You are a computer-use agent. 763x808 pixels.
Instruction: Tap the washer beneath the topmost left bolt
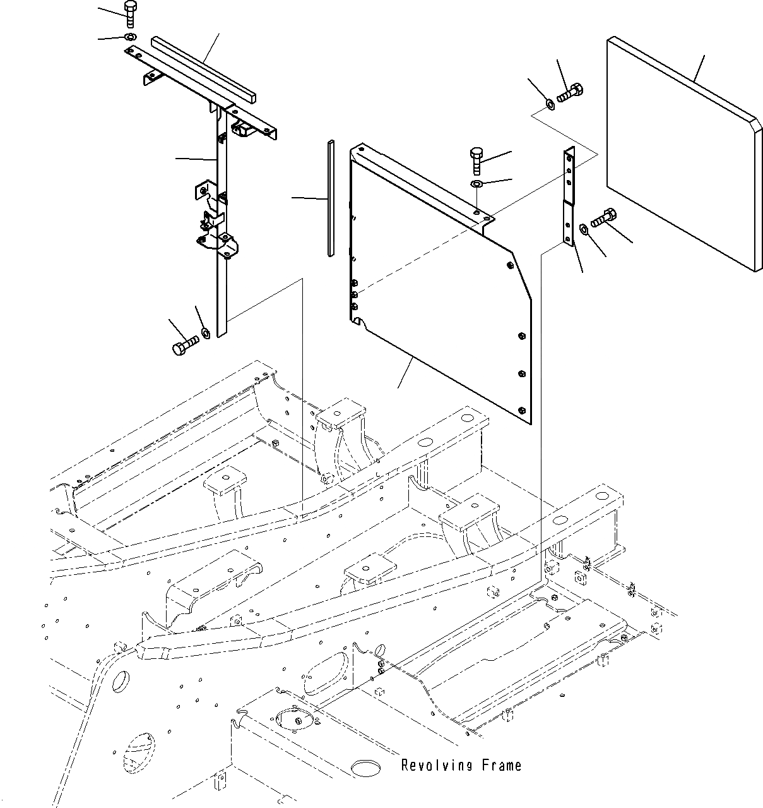(x=129, y=37)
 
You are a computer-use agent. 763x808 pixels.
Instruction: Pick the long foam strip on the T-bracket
(x=204, y=69)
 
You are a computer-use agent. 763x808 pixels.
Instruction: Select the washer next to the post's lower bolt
(x=205, y=332)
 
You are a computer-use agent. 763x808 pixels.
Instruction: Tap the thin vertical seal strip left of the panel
(x=330, y=198)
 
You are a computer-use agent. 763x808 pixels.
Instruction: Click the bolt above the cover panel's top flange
(x=476, y=159)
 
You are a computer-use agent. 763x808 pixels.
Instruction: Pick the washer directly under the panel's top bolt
(x=476, y=184)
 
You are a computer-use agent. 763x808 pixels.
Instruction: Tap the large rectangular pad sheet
(x=682, y=152)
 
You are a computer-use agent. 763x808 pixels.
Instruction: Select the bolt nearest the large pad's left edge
(x=603, y=219)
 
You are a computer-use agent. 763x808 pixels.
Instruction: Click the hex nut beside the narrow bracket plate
(x=584, y=229)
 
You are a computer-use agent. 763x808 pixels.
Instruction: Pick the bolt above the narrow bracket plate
(x=570, y=93)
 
